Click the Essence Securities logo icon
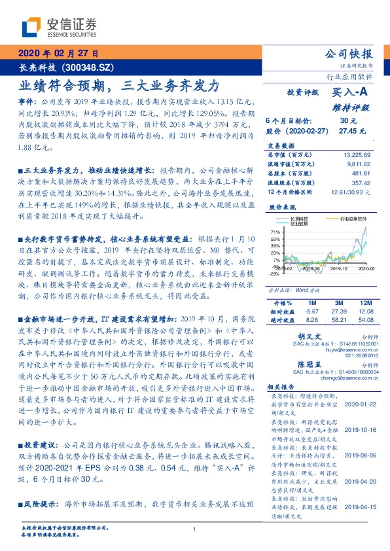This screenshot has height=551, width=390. (31, 27)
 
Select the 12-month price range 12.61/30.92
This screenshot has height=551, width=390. (352, 194)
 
